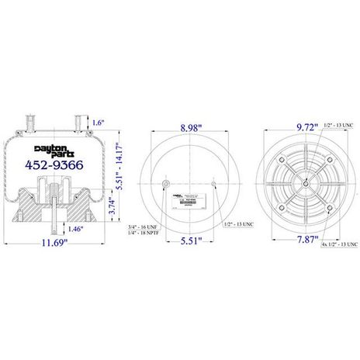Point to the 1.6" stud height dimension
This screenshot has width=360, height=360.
click(98, 123)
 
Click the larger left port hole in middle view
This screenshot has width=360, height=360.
click(167, 184)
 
